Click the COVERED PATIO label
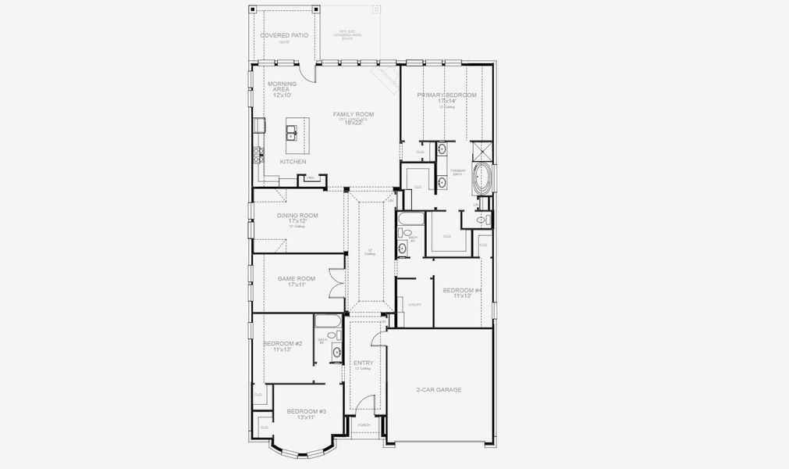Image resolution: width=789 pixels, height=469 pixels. [x=284, y=35]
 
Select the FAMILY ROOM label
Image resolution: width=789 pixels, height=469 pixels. [x=354, y=114]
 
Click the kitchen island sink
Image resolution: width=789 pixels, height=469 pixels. [x=293, y=131]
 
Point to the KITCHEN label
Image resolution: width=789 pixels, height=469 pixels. [x=293, y=162]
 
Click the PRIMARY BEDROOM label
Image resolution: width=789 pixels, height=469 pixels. [x=446, y=95]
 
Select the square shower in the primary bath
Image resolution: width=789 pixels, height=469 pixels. [x=483, y=150]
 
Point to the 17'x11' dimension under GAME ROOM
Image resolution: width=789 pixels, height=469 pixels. [x=297, y=285]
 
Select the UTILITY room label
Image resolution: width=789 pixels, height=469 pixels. [x=415, y=304]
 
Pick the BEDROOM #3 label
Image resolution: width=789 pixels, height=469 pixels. [x=306, y=411]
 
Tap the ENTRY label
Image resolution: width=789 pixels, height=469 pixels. [x=363, y=363]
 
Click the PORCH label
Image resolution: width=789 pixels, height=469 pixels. [x=364, y=424]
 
